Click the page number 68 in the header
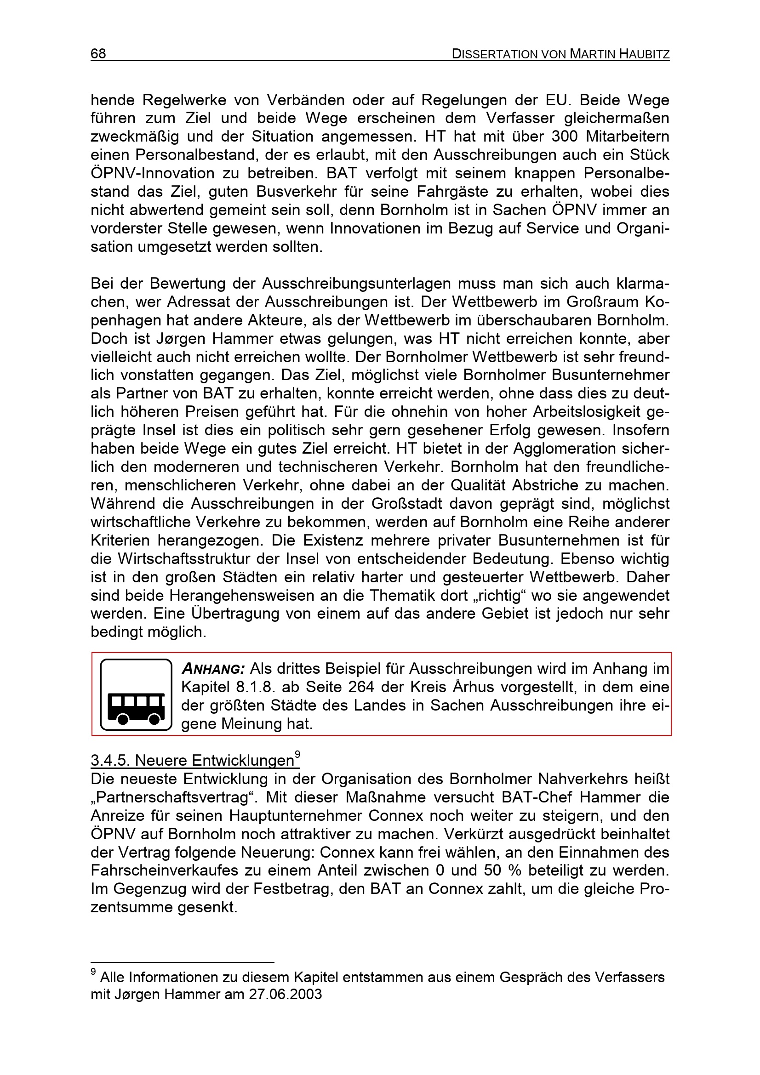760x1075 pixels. pyautogui.click(x=98, y=54)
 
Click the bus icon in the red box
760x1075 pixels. pyautogui.click(x=136, y=694)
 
